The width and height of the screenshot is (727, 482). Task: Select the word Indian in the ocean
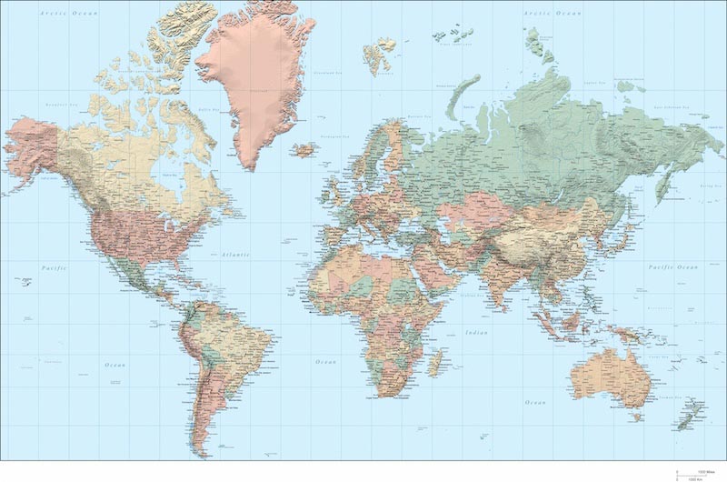click(x=476, y=333)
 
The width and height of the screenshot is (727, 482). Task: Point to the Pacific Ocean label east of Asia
click(x=672, y=266)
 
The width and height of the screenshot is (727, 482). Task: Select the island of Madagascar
click(x=435, y=363)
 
